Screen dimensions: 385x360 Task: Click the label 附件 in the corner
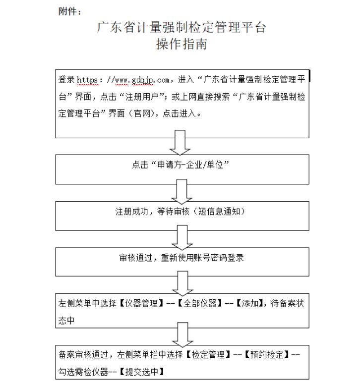[x=69, y=12]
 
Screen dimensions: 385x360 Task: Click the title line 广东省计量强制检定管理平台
[x=181, y=27]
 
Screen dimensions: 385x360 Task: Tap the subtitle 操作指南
[x=181, y=45]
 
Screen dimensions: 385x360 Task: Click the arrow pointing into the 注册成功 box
[x=181, y=189]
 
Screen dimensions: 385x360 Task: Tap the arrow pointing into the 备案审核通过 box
[x=181, y=334]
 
